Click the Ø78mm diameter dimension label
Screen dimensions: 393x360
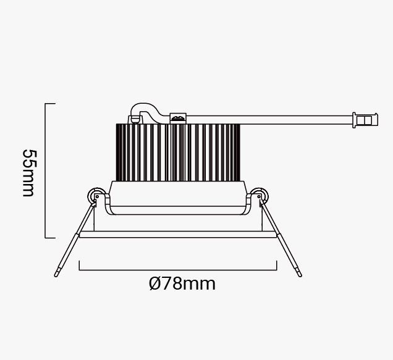tap(182, 283)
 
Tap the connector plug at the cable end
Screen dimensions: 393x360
tap(365, 120)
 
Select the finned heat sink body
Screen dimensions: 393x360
tap(178, 153)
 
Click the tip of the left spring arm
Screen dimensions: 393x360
tap(56, 275)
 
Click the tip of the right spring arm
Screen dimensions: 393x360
tap(300, 275)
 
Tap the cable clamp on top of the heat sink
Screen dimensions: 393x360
tap(178, 118)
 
